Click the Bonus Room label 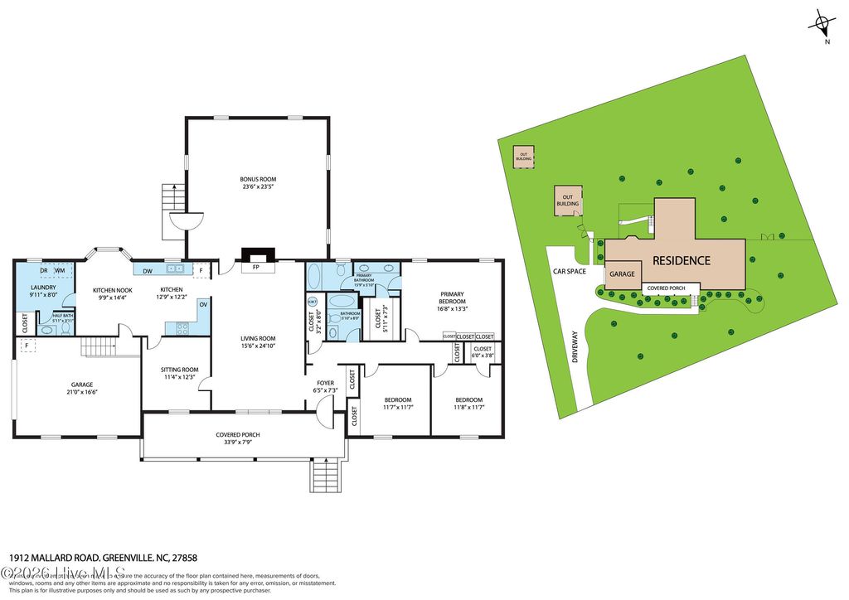click(x=258, y=179)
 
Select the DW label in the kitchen click(x=146, y=269)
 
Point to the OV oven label click(x=202, y=304)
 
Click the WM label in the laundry click(x=61, y=270)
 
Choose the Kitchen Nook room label click(x=110, y=290)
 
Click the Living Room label click(x=258, y=338)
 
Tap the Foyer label click(x=325, y=383)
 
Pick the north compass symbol click(x=820, y=22)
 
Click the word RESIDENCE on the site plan click(x=681, y=260)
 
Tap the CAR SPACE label click(x=570, y=271)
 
